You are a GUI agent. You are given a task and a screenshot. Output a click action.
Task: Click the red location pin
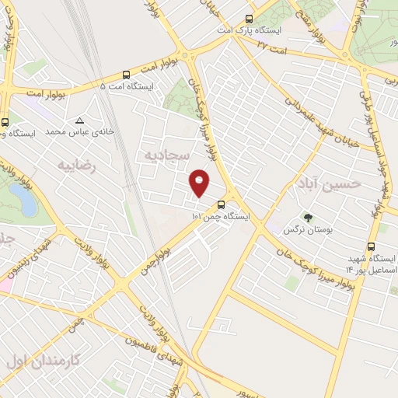(201, 183)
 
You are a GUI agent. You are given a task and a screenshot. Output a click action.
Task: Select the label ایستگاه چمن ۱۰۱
(221, 216)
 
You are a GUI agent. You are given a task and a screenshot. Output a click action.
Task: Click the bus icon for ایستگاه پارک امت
(249, 19)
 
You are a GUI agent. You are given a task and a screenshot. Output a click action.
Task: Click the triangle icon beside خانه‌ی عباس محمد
(79, 121)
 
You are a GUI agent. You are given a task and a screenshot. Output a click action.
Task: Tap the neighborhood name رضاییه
(78, 164)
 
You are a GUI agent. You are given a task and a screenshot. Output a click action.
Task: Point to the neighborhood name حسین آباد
(329, 183)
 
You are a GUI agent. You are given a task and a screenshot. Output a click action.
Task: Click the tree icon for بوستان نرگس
(308, 218)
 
